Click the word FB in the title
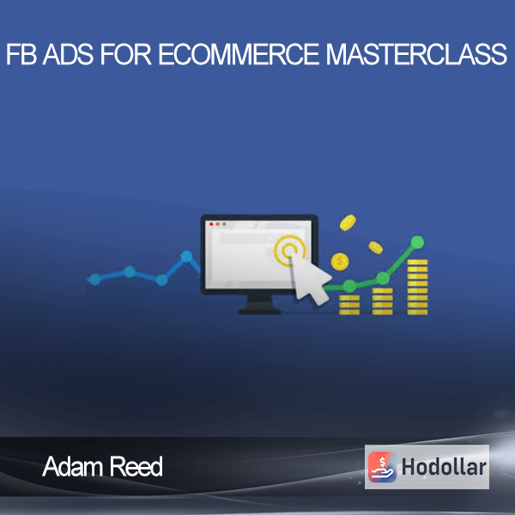[21, 54]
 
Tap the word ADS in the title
[69, 54]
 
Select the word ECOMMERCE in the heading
[239, 54]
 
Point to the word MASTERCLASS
[416, 54]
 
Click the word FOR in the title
[126, 54]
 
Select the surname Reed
[136, 466]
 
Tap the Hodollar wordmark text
[444, 467]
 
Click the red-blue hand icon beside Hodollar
[382, 467]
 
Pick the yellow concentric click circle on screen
[289, 251]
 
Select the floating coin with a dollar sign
[340, 262]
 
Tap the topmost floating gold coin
[348, 222]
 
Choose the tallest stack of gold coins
[417, 287]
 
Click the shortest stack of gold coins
[349, 305]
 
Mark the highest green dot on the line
[417, 242]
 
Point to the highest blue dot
[186, 256]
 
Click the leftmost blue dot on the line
[95, 279]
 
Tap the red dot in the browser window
[211, 224]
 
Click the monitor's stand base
[259, 311]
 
